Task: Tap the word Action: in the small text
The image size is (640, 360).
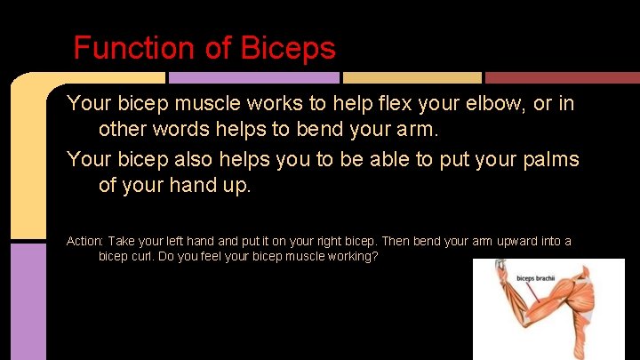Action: pos(85,242)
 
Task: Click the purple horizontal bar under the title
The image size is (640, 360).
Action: pos(252,78)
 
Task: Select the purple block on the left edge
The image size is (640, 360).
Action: pos(28,302)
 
